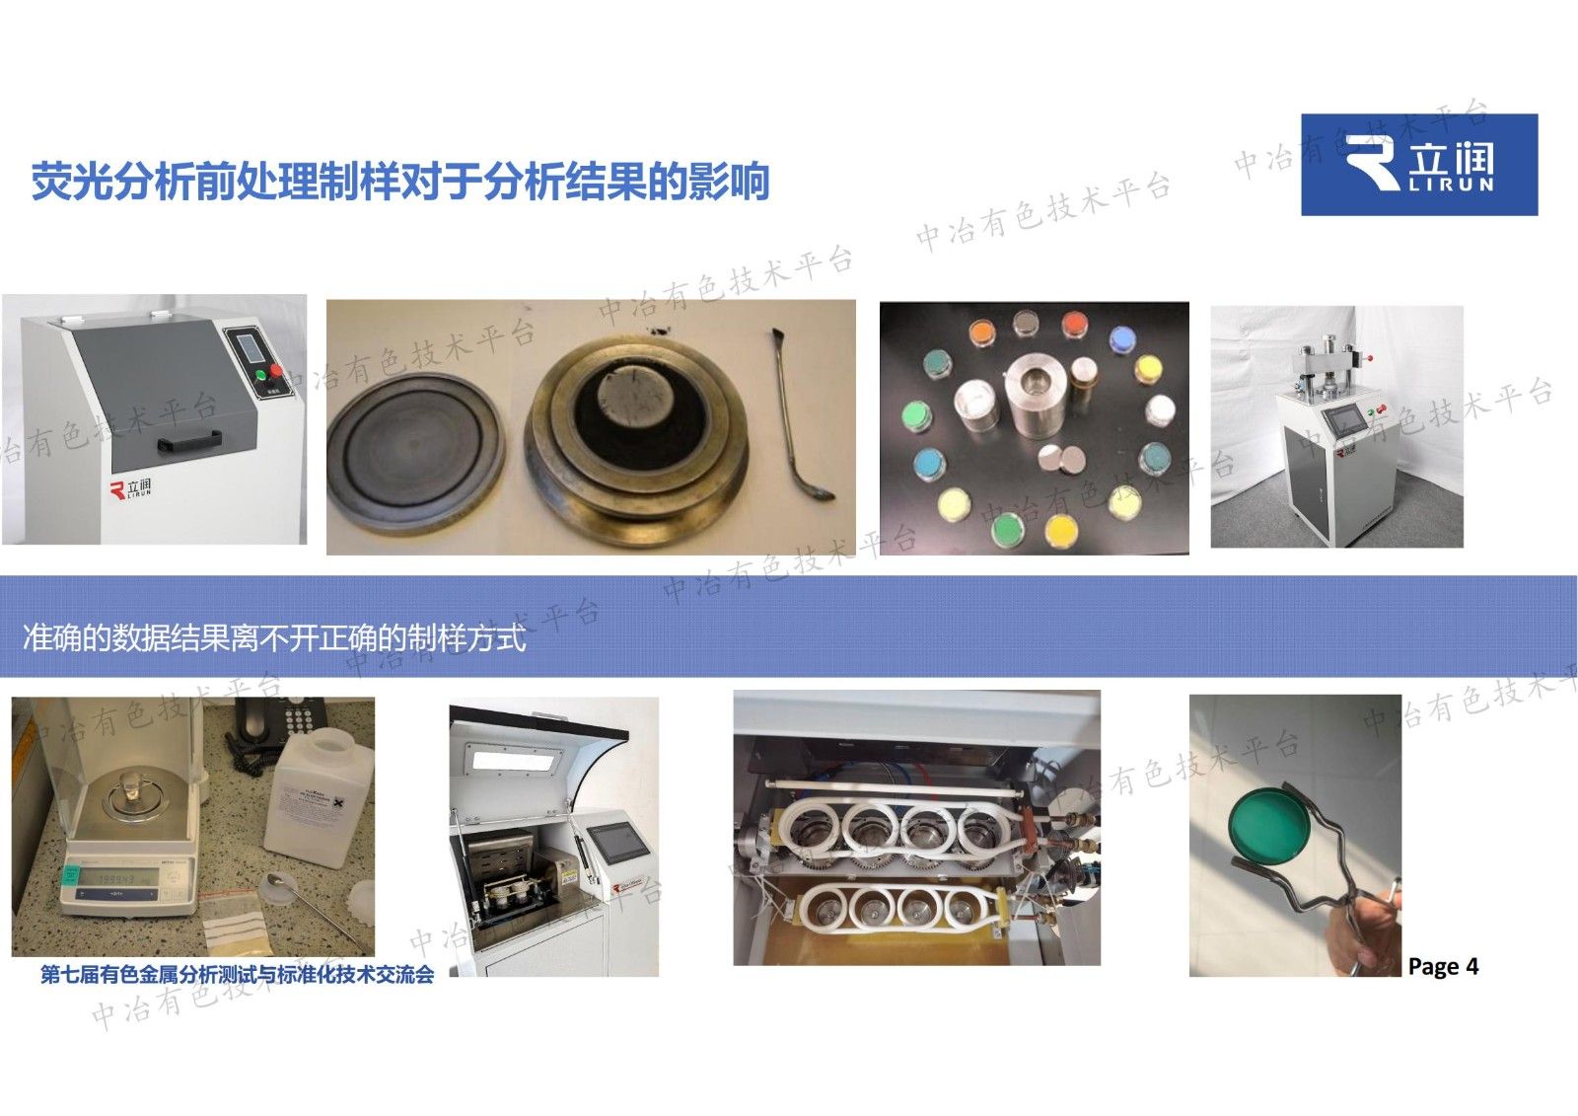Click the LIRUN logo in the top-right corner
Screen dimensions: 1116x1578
point(1418,165)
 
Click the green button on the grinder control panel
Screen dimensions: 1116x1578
point(261,375)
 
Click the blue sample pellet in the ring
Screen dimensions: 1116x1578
point(1121,339)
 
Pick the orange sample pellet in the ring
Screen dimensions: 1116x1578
point(981,334)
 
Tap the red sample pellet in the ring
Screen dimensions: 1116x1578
point(1072,324)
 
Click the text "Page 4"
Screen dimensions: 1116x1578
point(1443,967)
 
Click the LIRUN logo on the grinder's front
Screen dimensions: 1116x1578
point(131,489)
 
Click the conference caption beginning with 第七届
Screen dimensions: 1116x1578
point(237,975)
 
